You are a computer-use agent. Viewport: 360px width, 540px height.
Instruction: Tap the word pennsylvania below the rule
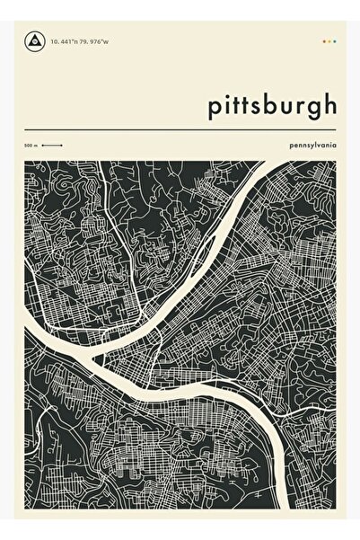313,145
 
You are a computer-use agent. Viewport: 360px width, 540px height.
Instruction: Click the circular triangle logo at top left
36,41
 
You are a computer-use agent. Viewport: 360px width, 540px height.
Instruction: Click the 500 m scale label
31,145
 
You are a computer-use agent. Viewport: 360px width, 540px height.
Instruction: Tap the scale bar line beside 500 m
51,145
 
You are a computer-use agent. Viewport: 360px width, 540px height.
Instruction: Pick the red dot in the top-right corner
322,41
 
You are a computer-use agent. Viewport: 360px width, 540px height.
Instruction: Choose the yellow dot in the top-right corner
329,41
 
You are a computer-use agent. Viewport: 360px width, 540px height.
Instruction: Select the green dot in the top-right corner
335,41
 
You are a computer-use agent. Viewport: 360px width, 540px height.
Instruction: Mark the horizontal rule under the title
180,131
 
